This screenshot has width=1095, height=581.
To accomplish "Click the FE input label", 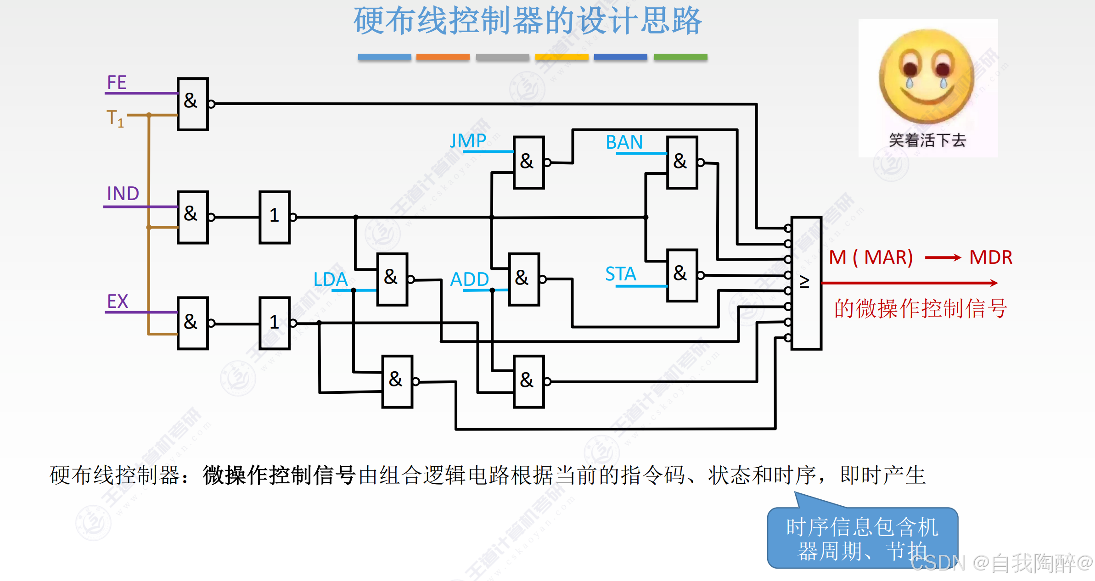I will point(117,83).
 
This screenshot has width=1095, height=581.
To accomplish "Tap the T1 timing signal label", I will point(115,118).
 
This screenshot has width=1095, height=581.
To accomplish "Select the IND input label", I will point(123,194).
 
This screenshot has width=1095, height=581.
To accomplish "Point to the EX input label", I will point(118,302).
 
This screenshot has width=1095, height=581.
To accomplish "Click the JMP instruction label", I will point(468,141).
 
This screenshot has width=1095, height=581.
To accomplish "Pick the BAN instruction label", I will point(624,142).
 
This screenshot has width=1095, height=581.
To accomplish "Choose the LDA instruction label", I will point(331,279).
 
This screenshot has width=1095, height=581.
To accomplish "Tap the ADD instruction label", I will point(469,279).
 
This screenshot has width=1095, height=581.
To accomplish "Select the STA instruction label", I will point(620,274).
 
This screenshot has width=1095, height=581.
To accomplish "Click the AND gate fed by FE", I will point(193,104).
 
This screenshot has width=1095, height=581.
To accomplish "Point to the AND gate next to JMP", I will point(528,162).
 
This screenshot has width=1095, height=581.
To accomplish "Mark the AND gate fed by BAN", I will point(682,162).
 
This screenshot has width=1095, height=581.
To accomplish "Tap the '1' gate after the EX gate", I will point(275,323).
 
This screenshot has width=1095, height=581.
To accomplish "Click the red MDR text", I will point(991,257).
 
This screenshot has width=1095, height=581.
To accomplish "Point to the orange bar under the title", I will point(443,57).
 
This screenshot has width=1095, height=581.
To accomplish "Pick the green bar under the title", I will point(680,57).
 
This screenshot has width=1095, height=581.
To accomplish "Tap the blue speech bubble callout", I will point(862,538).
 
